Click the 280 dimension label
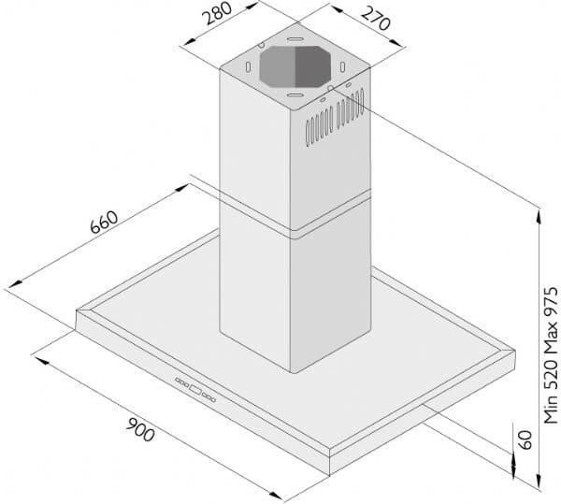[x=217, y=13]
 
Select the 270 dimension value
[x=375, y=19]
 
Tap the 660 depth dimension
[x=104, y=223]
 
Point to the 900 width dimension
[x=140, y=429]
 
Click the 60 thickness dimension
[x=525, y=439]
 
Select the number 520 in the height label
[x=551, y=376]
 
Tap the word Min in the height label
[x=551, y=410]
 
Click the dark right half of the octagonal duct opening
[x=311, y=66]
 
